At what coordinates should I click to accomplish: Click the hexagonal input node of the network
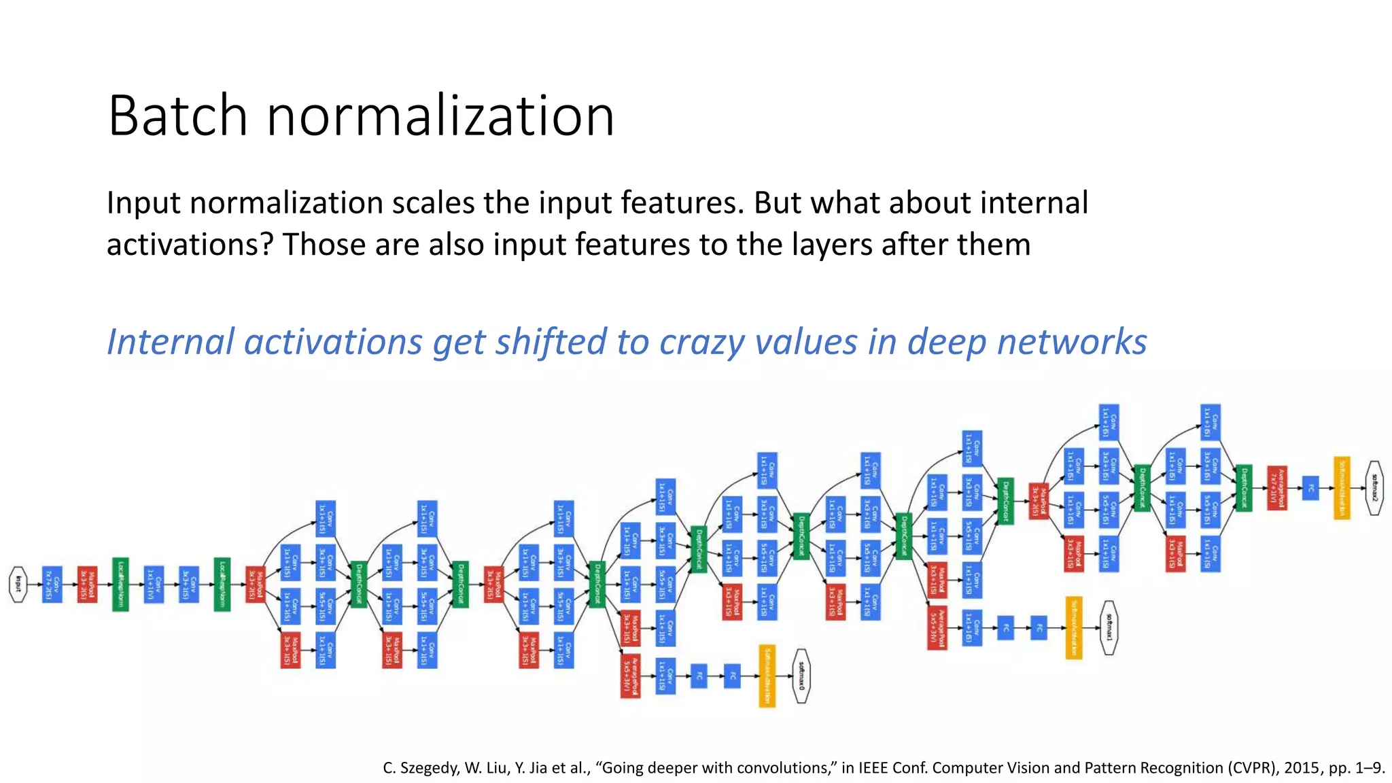coord(18,584)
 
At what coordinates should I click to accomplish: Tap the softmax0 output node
coord(801,676)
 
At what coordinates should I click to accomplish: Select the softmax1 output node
coord(1109,627)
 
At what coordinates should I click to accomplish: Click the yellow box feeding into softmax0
coord(767,676)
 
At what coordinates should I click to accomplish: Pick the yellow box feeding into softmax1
coord(1073,627)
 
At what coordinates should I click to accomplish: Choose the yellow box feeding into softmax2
coord(1342,487)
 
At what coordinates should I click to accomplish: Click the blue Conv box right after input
coord(52,584)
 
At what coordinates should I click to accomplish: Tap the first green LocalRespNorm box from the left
coord(120,584)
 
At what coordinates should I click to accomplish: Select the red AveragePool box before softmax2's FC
coord(1276,487)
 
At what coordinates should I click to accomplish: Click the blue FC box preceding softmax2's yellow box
coord(1310,487)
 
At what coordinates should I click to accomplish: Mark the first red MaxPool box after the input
coord(87,584)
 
